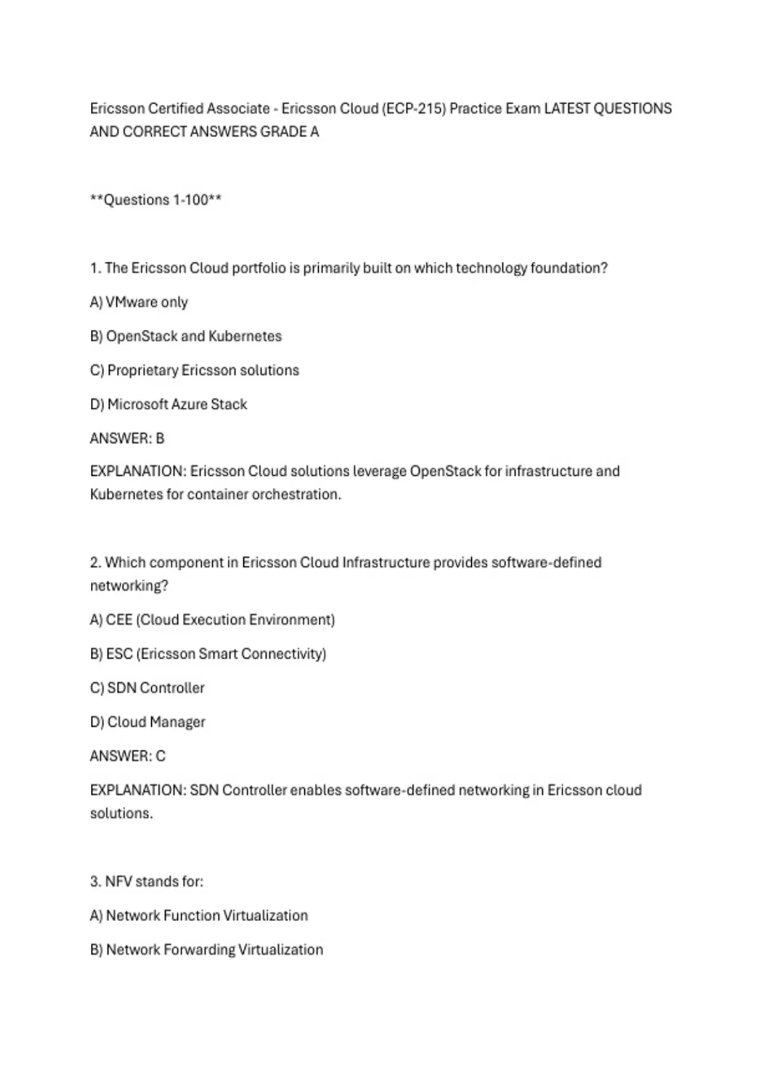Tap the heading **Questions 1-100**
[x=156, y=200]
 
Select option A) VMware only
[x=139, y=302]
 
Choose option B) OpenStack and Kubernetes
[x=186, y=336]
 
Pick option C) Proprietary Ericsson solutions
[x=194, y=370]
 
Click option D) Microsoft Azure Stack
[x=168, y=404]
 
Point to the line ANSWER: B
[x=127, y=438]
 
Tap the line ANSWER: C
[x=128, y=756]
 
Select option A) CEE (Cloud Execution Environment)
[x=212, y=620]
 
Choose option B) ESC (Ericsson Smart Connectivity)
[x=208, y=654]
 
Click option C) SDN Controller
[x=147, y=688]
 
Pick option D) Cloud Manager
[x=147, y=722]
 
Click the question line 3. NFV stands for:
[x=147, y=882]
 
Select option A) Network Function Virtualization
[x=199, y=915]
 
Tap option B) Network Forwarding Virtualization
[x=206, y=950]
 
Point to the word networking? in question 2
[x=129, y=586]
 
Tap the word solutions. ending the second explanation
[x=121, y=813]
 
